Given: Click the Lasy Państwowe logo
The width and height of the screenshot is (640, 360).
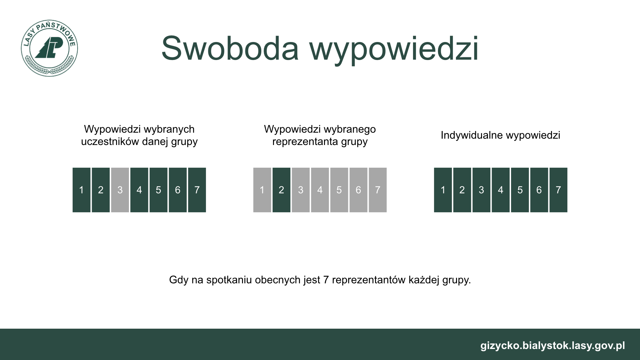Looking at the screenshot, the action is click(x=49, y=48).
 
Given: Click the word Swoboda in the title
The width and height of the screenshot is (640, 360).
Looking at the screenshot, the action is click(x=230, y=48).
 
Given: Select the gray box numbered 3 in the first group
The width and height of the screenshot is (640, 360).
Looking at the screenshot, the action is click(x=120, y=190).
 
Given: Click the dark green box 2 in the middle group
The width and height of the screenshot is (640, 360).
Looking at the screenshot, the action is click(x=281, y=190).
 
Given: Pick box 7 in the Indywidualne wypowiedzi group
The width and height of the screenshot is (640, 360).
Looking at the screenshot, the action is click(x=558, y=190).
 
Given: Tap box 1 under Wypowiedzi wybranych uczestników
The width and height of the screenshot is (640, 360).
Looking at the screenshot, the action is click(x=81, y=190).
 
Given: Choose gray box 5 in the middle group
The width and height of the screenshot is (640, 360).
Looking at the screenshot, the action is click(x=339, y=190).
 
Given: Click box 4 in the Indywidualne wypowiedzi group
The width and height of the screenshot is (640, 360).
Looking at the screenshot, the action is click(x=500, y=190).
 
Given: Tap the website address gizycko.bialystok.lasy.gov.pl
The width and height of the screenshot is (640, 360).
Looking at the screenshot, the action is click(x=553, y=346).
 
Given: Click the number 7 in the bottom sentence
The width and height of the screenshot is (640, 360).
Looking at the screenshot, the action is click(x=326, y=280).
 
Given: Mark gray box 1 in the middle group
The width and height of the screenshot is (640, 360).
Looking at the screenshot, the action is click(x=262, y=190).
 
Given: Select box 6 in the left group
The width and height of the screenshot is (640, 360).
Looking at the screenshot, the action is click(x=178, y=190).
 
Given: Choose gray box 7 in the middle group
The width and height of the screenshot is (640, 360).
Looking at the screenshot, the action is click(x=378, y=190).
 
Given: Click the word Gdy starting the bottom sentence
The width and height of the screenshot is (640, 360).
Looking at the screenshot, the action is click(x=179, y=280).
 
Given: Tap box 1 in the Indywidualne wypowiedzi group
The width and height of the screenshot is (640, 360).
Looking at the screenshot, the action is click(x=443, y=190).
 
